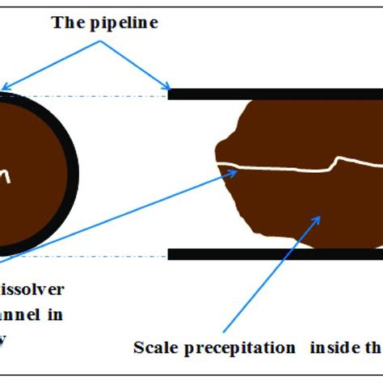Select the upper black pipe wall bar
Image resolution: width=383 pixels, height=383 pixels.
[x=275, y=94]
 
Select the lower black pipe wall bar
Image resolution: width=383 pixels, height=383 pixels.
[x=275, y=255]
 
